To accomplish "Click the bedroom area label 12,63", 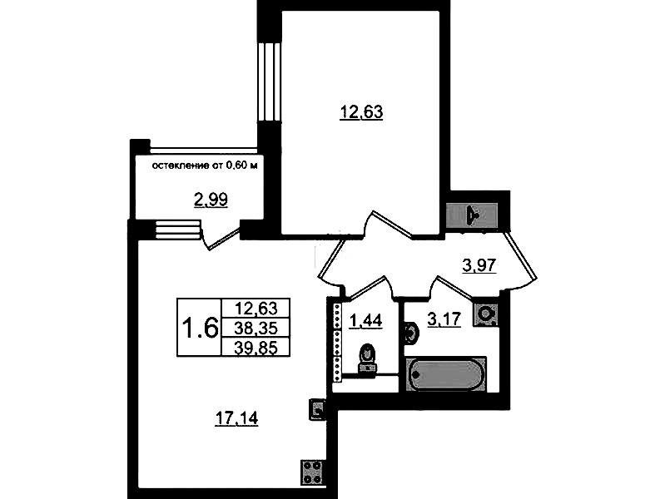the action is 361,112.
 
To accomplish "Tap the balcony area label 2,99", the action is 211,200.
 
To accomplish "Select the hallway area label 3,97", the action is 479,265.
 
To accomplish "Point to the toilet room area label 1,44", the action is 365,320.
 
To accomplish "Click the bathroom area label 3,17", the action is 444,319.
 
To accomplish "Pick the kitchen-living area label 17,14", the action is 236,418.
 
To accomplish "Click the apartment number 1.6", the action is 200,328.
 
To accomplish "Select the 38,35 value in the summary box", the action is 256,328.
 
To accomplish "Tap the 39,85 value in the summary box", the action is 256,348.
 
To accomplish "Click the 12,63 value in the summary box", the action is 256,308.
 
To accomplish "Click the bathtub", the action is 446,374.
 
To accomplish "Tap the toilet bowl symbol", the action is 367,358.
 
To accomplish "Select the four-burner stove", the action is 313,472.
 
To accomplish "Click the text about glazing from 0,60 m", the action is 205,166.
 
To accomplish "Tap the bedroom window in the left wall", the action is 270,82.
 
